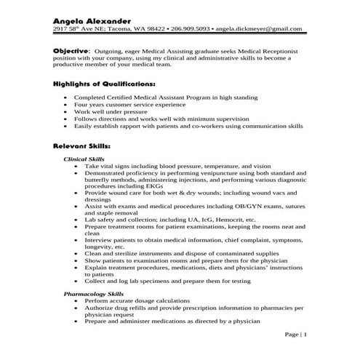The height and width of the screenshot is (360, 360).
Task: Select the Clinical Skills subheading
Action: [84, 159]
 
